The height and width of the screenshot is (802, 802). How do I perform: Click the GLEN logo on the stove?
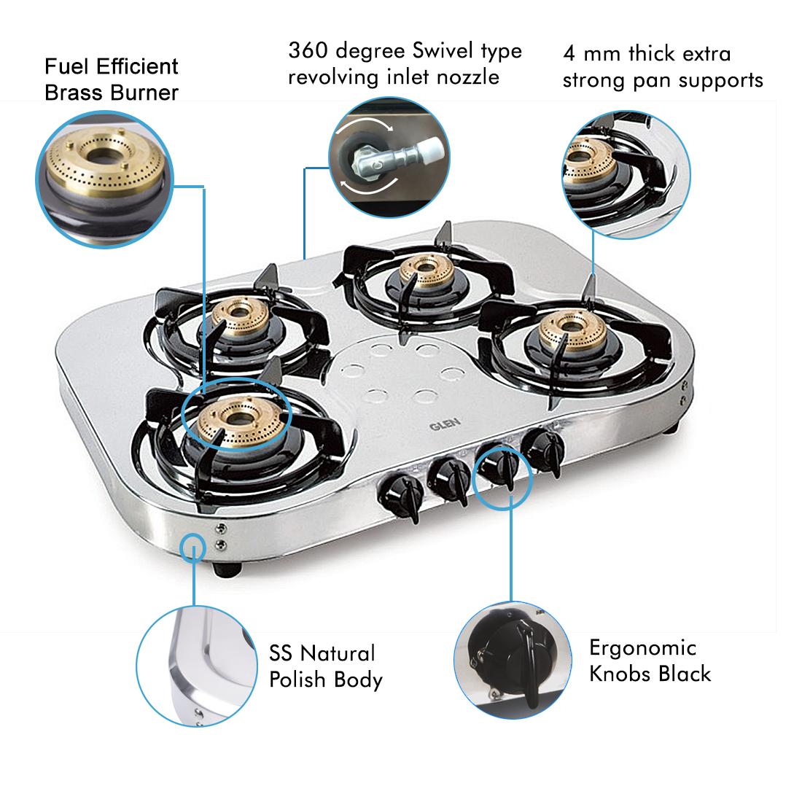445,424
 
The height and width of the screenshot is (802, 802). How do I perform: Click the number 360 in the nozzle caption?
308,50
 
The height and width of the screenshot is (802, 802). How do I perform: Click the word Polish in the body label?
297,680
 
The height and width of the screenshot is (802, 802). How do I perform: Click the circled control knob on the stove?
499,467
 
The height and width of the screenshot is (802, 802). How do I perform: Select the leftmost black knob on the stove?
402,496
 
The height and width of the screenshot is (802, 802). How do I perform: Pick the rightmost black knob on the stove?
544,450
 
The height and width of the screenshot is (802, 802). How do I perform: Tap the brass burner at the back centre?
426,272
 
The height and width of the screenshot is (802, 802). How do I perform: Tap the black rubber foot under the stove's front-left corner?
227,569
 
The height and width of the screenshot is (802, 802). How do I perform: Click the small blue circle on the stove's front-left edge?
193,548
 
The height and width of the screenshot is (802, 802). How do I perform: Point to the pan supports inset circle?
626,174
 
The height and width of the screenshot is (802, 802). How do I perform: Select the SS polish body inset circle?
196,666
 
